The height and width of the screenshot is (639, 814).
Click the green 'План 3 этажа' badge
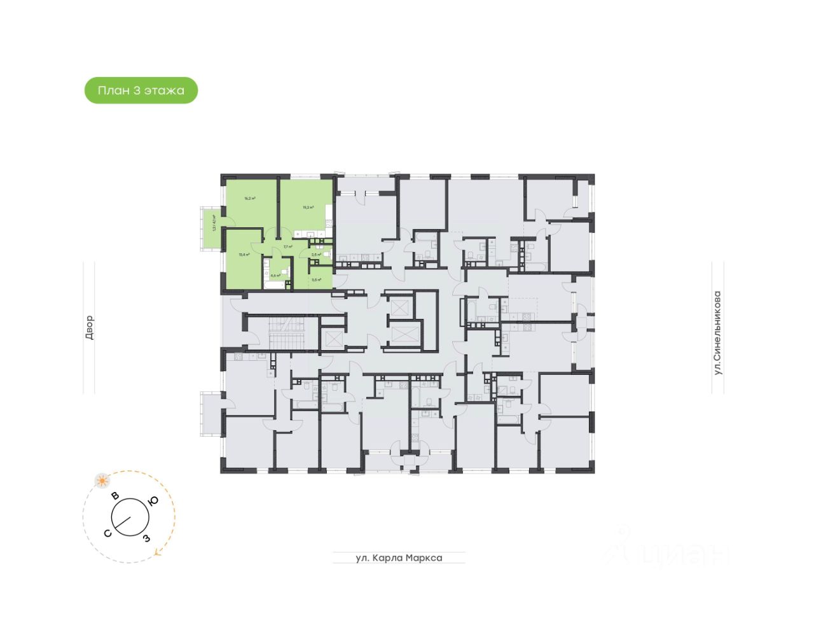(141, 90)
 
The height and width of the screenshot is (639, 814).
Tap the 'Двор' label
(89, 327)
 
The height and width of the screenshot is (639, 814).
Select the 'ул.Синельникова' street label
(717, 332)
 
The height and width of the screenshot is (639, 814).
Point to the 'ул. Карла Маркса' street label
(399, 558)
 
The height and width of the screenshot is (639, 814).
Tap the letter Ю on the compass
(153, 501)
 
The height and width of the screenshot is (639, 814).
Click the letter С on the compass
(108, 533)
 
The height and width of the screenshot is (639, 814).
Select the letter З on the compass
(146, 538)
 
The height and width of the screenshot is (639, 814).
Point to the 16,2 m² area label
(250, 199)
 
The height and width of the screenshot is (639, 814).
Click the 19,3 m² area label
(308, 207)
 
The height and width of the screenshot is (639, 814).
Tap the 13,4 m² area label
(243, 255)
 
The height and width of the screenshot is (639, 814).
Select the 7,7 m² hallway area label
(287, 247)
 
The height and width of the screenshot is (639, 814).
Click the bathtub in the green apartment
(277, 284)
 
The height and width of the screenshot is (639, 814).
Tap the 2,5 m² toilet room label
(316, 255)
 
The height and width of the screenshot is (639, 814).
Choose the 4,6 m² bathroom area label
(275, 276)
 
